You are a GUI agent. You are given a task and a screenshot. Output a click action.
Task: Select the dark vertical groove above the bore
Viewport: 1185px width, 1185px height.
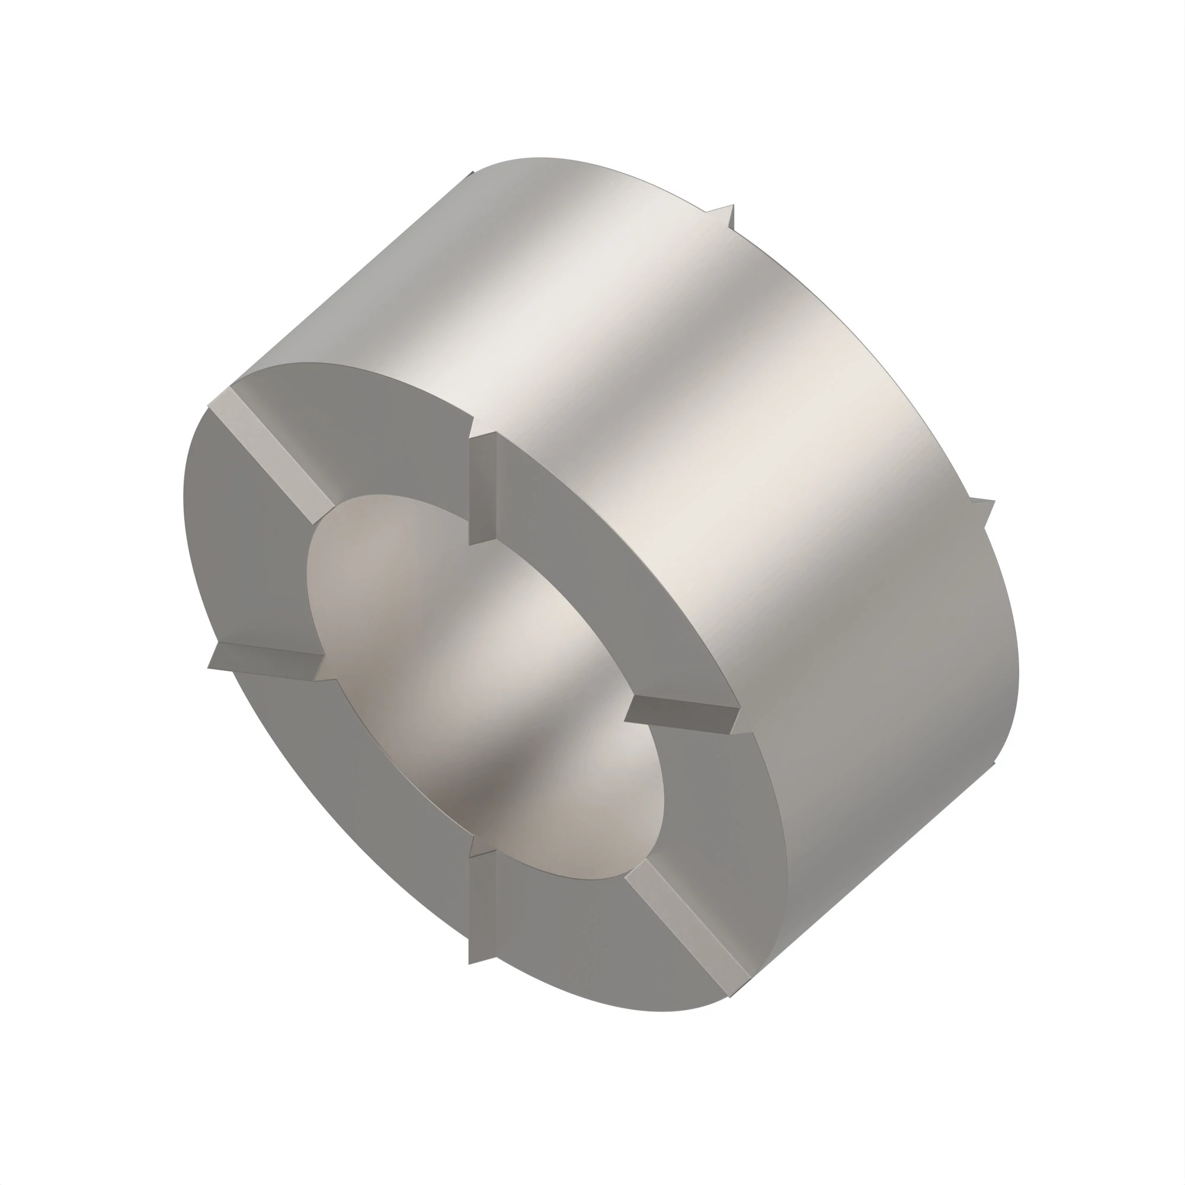click(482, 489)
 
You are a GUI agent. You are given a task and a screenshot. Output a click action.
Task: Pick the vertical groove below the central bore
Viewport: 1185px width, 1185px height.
click(482, 908)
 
